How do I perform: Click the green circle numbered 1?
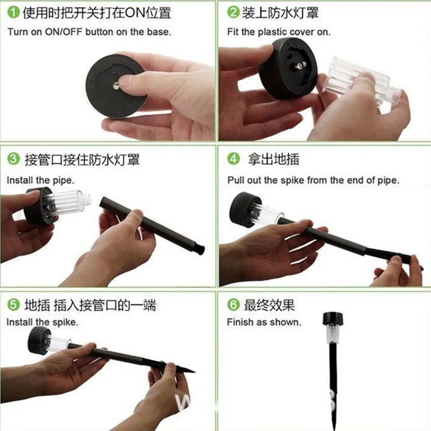(13, 12)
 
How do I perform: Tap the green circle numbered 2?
(233, 12)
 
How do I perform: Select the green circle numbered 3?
(13, 159)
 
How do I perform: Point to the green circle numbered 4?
(233, 158)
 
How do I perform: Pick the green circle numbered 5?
(13, 305)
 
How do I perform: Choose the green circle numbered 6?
(233, 304)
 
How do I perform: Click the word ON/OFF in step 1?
(64, 32)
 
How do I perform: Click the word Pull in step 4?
(236, 180)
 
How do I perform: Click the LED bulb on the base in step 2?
(300, 65)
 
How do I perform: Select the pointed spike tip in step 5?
(194, 372)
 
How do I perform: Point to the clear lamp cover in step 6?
(333, 334)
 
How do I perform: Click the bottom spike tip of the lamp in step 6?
(333, 429)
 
